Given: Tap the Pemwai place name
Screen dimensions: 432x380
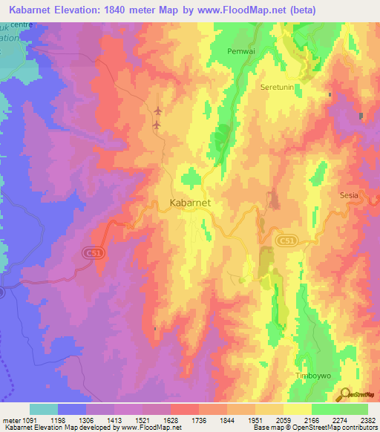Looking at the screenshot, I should [240, 52].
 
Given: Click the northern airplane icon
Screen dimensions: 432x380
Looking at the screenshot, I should [157, 111].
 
